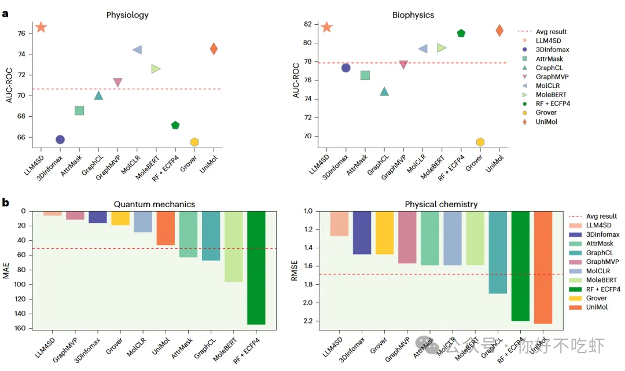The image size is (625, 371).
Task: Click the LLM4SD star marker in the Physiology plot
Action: pos(41,27)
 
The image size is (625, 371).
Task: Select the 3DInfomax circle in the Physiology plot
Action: pos(60,139)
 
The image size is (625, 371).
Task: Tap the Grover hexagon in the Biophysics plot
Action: pos(480,142)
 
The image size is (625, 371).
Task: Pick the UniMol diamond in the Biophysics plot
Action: pos(499,31)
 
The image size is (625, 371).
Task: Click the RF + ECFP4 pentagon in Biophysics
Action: pos(461,33)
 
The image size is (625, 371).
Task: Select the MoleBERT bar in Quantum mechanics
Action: pos(233,246)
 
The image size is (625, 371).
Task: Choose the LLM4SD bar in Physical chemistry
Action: pos(339,223)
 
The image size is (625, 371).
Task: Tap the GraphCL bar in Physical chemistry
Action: pos(498,252)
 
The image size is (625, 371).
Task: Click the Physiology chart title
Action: pos(127,14)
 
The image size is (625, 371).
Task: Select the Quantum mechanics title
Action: pos(154,204)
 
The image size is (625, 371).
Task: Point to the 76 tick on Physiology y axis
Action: pos(21,34)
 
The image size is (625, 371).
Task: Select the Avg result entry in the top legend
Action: pos(550,32)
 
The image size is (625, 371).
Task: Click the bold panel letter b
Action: pos(5,203)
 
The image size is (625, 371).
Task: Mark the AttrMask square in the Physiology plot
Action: pos(79,111)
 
